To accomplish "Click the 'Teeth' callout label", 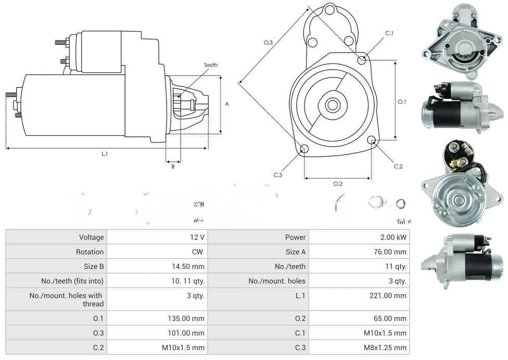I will click(x=211, y=65).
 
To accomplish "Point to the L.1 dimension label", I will click(x=105, y=153).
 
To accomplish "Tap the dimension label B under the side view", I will click(x=173, y=166).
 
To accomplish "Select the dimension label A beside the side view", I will click(x=227, y=104).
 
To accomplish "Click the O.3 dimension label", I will click(x=269, y=43).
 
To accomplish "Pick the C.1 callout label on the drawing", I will click(x=389, y=33).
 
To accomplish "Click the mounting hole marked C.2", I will click(x=372, y=140).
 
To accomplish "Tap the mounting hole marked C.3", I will click(x=305, y=150).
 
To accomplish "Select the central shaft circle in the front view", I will click(x=332, y=105).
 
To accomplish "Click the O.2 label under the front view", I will click(x=338, y=184).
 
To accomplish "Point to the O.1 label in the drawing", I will click(x=402, y=102).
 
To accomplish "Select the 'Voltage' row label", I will click(x=92, y=237).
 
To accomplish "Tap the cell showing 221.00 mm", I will click(x=392, y=295).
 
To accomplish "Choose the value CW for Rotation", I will click(x=198, y=252).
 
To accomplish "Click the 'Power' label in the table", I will click(x=295, y=237).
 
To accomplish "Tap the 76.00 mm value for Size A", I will click(x=392, y=252).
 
